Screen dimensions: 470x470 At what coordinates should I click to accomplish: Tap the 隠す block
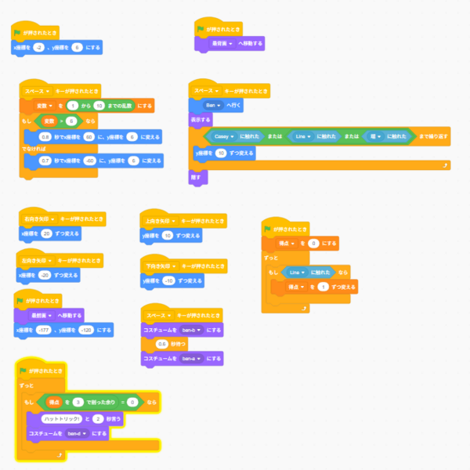click(x=196, y=178)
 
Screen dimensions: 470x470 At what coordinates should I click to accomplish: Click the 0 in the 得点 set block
click(x=313, y=244)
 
